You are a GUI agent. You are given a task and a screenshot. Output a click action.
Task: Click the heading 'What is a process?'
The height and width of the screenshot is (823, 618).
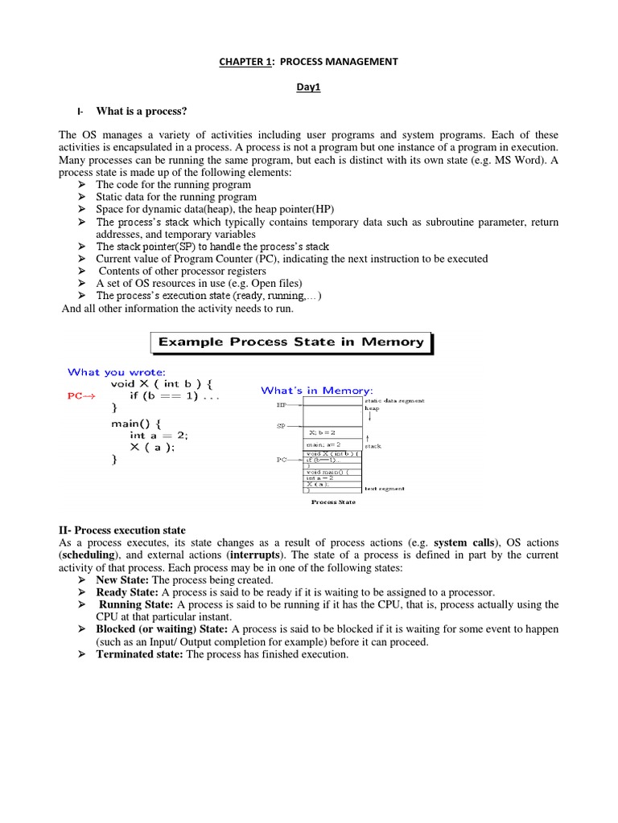(x=145, y=111)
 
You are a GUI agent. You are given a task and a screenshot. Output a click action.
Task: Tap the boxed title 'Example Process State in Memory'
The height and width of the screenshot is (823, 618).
(x=290, y=342)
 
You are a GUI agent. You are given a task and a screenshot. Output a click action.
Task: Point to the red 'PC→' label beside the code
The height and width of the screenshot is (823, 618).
(x=82, y=396)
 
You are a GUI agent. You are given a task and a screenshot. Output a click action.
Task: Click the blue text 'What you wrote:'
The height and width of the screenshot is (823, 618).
(x=117, y=371)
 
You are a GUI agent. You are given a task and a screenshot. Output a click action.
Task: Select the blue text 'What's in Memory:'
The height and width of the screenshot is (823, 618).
(x=316, y=391)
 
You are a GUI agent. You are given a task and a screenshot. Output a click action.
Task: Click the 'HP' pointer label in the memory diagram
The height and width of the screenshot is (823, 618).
(x=281, y=405)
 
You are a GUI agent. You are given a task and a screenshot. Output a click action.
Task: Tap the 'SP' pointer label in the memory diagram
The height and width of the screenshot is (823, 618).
(x=281, y=427)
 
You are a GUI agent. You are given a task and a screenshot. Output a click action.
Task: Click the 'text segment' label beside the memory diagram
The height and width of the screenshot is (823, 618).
(x=385, y=488)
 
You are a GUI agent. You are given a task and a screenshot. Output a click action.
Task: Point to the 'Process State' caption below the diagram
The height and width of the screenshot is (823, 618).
(x=332, y=502)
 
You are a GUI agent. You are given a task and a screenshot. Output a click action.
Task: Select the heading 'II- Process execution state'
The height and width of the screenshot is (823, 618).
(x=122, y=530)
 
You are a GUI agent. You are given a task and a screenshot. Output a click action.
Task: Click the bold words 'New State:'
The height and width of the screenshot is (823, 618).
(x=122, y=579)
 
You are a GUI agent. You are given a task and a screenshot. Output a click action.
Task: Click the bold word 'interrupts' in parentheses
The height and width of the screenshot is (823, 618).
(x=257, y=555)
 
